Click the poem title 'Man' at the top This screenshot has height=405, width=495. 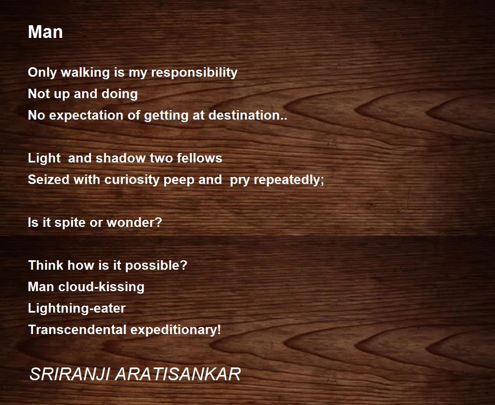click(45, 32)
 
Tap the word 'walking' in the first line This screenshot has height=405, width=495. click(85, 72)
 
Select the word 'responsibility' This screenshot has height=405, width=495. click(194, 72)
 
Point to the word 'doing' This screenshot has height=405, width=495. click(120, 94)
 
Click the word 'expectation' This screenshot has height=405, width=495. click(86, 115)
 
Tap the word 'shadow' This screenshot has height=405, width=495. click(120, 158)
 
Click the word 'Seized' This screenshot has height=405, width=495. click(49, 179)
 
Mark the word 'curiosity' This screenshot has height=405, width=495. click(132, 180)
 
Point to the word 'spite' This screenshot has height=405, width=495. click(70, 222)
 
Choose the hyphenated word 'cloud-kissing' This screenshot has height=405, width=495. click(101, 287)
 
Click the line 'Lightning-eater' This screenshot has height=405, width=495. click(77, 308)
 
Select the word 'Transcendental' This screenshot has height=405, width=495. click(77, 330)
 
